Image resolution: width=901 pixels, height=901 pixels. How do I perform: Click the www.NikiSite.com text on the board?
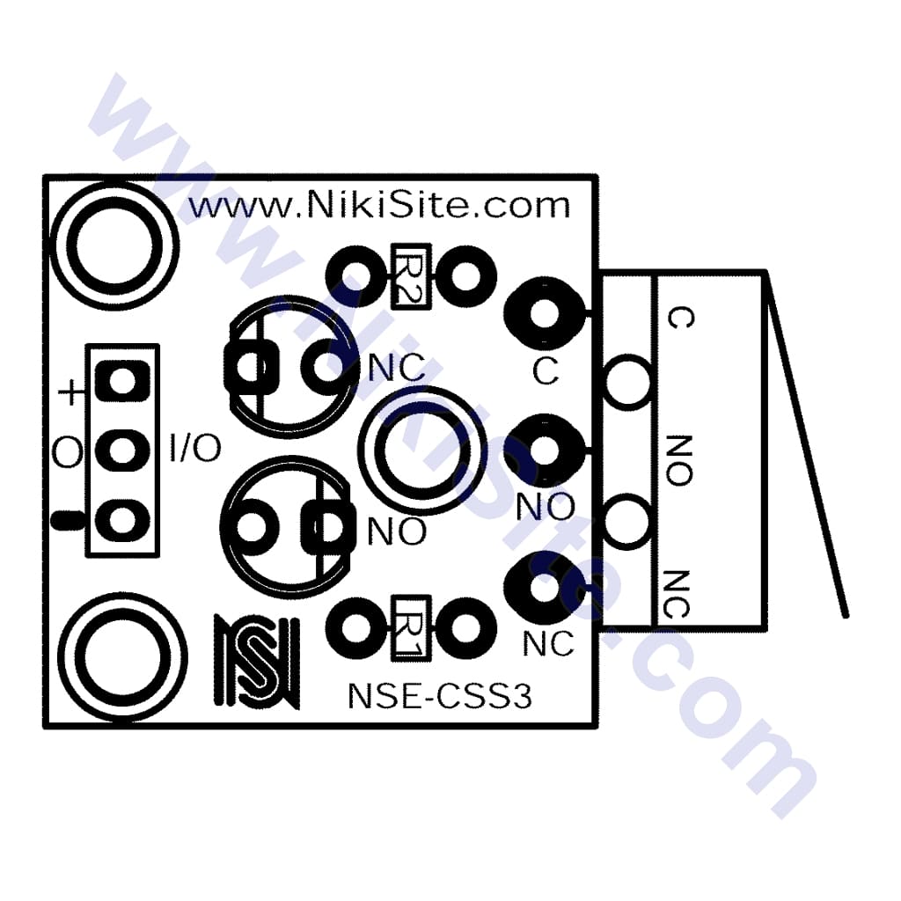(x=380, y=206)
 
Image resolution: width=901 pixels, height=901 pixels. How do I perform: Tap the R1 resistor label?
(x=411, y=628)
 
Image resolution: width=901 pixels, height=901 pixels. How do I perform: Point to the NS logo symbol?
(x=257, y=662)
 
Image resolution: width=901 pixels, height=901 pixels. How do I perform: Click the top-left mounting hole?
(x=114, y=246)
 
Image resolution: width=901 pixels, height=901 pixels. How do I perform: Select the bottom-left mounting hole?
(x=122, y=658)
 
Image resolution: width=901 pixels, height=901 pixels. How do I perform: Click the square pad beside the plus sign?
(x=122, y=382)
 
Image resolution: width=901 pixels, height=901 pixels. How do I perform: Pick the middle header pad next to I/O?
(x=122, y=450)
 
